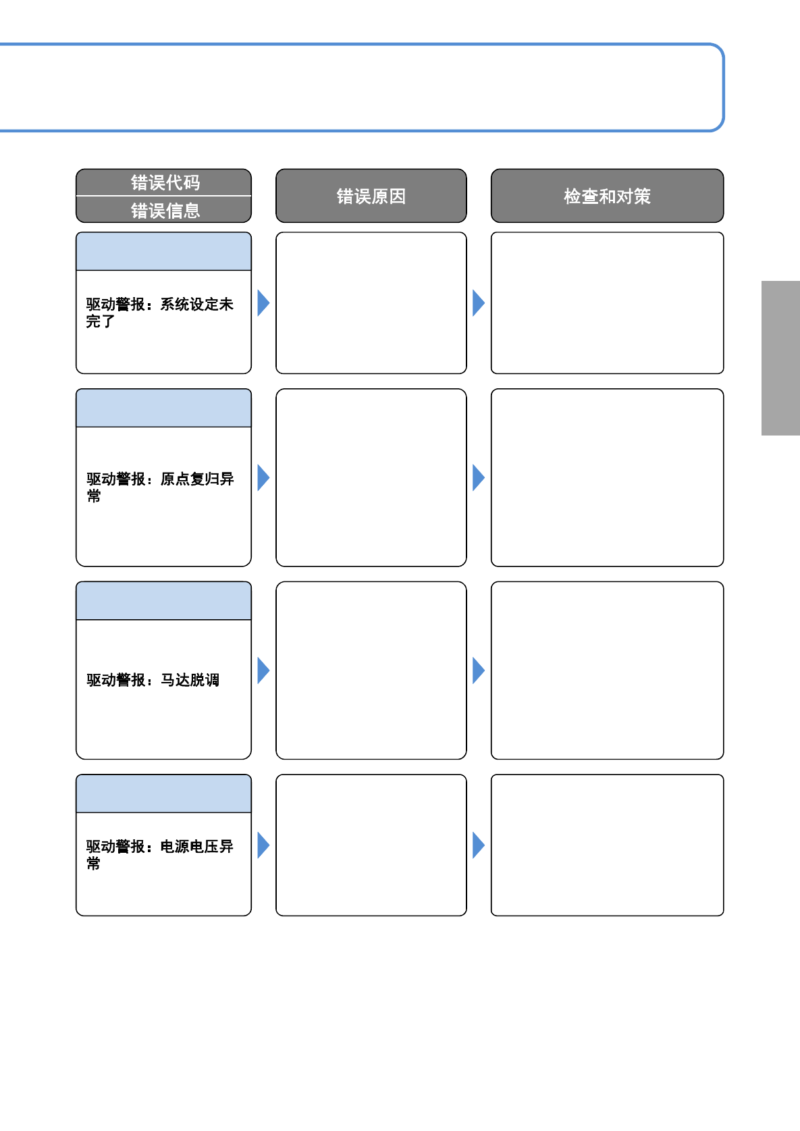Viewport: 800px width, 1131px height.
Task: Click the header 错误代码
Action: click(165, 182)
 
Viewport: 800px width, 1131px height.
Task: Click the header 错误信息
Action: click(165, 210)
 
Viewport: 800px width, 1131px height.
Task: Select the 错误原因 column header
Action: click(371, 196)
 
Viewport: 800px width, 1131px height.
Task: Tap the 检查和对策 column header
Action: click(607, 196)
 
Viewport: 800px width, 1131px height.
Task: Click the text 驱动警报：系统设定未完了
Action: click(159, 313)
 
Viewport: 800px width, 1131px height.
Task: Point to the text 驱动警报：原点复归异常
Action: click(160, 487)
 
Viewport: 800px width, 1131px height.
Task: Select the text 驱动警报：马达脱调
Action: click(153, 679)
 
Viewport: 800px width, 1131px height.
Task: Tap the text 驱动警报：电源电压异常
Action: click(159, 854)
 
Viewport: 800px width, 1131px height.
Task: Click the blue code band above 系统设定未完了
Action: click(163, 251)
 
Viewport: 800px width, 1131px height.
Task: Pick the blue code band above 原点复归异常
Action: click(163, 408)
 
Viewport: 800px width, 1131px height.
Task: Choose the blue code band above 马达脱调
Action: click(163, 601)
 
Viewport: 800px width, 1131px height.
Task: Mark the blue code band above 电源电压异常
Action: click(163, 793)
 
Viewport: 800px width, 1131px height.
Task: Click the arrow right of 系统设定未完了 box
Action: click(263, 303)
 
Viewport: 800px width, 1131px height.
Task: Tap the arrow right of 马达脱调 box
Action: click(263, 670)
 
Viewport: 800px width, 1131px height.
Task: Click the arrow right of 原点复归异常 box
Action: click(263, 477)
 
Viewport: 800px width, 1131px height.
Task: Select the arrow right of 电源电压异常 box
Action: click(263, 845)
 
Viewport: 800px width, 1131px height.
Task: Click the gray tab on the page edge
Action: click(781, 358)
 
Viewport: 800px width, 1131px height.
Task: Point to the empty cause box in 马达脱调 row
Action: click(371, 670)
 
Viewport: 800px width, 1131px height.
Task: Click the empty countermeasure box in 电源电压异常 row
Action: click(607, 845)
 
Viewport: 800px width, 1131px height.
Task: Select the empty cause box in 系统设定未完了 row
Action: click(371, 303)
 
